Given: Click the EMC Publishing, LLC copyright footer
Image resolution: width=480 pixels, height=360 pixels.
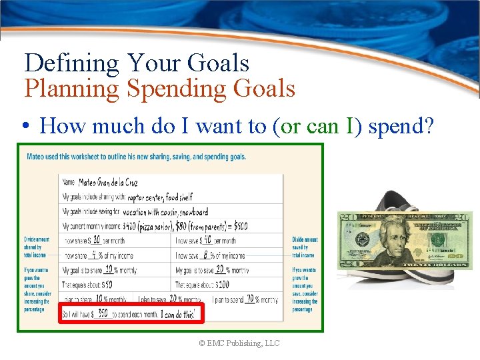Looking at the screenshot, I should [239, 343].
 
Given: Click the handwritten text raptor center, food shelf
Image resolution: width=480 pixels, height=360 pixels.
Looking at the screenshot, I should [160, 197].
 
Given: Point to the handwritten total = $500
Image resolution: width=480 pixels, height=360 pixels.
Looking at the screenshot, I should [235, 226].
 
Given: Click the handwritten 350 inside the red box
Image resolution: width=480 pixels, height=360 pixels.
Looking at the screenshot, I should [103, 313].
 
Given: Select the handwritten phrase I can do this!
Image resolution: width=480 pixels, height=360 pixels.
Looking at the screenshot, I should [178, 313].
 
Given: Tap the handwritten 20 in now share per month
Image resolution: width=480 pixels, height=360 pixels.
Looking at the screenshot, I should [96, 240].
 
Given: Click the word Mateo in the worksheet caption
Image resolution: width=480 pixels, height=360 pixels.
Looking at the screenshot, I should [39, 157].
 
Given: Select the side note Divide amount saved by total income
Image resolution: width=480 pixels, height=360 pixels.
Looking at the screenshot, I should [305, 247].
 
